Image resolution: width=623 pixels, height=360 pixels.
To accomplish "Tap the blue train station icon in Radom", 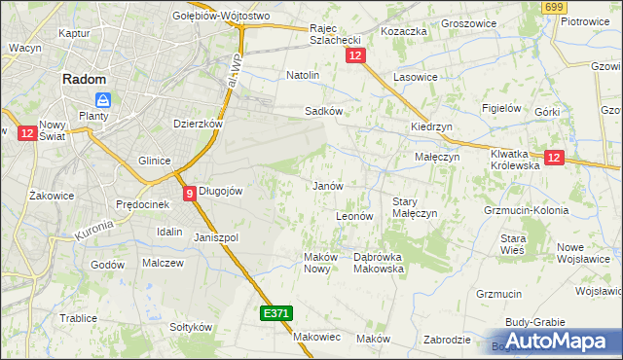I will pyautogui.click(x=103, y=99).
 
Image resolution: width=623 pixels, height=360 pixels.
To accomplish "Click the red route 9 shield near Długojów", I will pyautogui.click(x=189, y=194).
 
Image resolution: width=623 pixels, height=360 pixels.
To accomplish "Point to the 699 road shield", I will pyautogui.click(x=555, y=8).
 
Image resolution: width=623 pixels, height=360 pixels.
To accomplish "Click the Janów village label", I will pyautogui.click(x=326, y=185).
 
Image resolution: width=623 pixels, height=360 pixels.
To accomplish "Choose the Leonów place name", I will pyautogui.click(x=354, y=216).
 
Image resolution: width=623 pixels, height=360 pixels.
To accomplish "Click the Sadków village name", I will pyautogui.click(x=323, y=111).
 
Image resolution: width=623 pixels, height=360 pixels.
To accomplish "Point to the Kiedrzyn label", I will pyautogui.click(x=431, y=127).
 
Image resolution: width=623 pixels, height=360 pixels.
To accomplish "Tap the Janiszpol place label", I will pyautogui.click(x=216, y=237).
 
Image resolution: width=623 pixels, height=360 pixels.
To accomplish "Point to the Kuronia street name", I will pyautogui.click(x=93, y=231).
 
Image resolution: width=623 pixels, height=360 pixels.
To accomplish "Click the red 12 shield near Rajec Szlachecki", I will pyautogui.click(x=354, y=57).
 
